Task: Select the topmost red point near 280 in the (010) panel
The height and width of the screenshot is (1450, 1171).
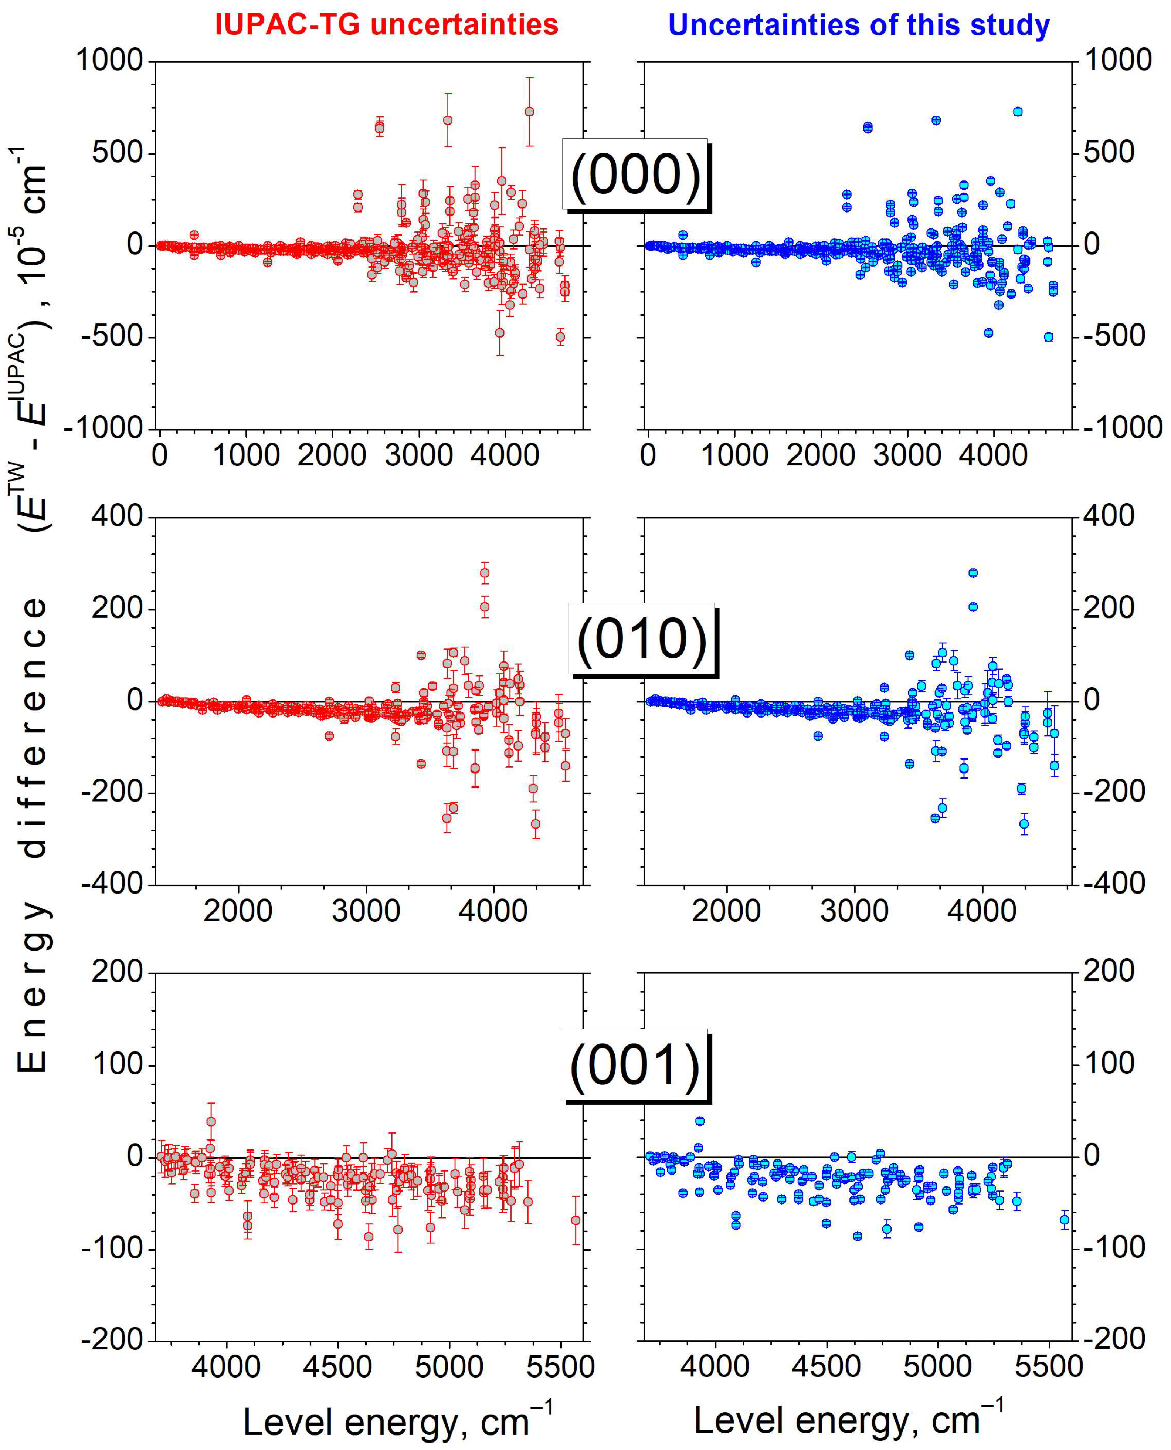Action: click(x=484, y=573)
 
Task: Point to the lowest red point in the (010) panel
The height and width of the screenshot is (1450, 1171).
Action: click(x=536, y=824)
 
